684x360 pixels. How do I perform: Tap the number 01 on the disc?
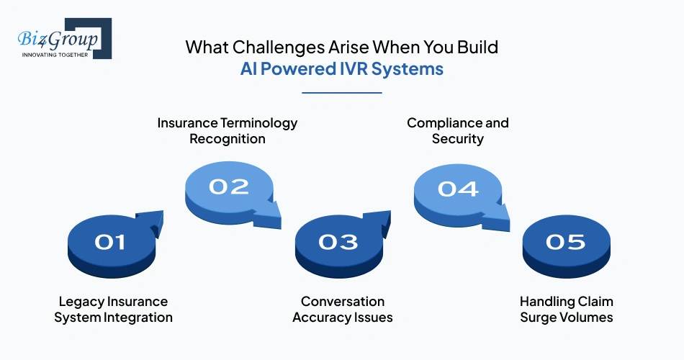110,243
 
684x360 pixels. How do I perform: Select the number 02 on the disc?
229,186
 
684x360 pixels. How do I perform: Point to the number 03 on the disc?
338,242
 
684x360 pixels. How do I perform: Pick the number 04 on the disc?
458,189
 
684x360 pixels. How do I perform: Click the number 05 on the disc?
566,242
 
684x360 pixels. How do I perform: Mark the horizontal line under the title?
341,92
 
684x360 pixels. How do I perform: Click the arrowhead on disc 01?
154,220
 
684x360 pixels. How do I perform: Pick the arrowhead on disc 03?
382,220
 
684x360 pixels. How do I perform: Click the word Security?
457,139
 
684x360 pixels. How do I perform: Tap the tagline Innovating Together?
55,55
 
